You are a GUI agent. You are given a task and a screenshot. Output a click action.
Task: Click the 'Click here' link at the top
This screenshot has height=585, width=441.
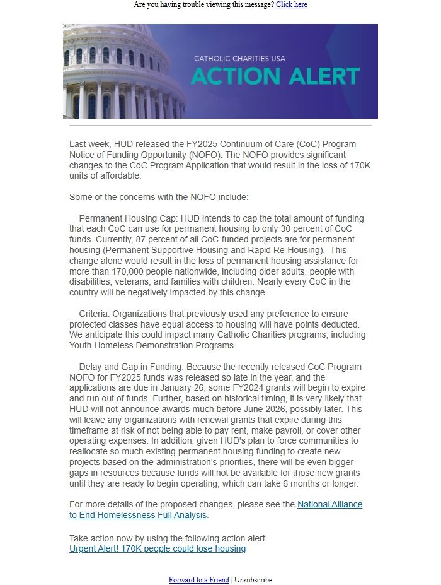[291, 4]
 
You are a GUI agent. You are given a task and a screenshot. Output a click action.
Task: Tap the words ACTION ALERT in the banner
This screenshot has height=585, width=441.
[275, 76]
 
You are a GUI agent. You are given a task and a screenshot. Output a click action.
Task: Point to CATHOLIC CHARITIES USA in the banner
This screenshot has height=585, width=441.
[239, 59]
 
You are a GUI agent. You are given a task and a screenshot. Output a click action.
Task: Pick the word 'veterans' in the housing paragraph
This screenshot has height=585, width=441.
[136, 281]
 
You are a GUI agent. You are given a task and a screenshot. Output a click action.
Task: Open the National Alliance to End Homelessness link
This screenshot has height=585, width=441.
[215, 509]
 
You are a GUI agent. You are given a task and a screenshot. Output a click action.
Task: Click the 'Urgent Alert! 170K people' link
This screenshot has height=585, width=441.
[157, 548]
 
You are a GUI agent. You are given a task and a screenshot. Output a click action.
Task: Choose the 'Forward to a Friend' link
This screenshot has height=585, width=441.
[198, 580]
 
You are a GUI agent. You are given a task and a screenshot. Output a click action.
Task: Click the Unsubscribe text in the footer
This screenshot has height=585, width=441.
[253, 580]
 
